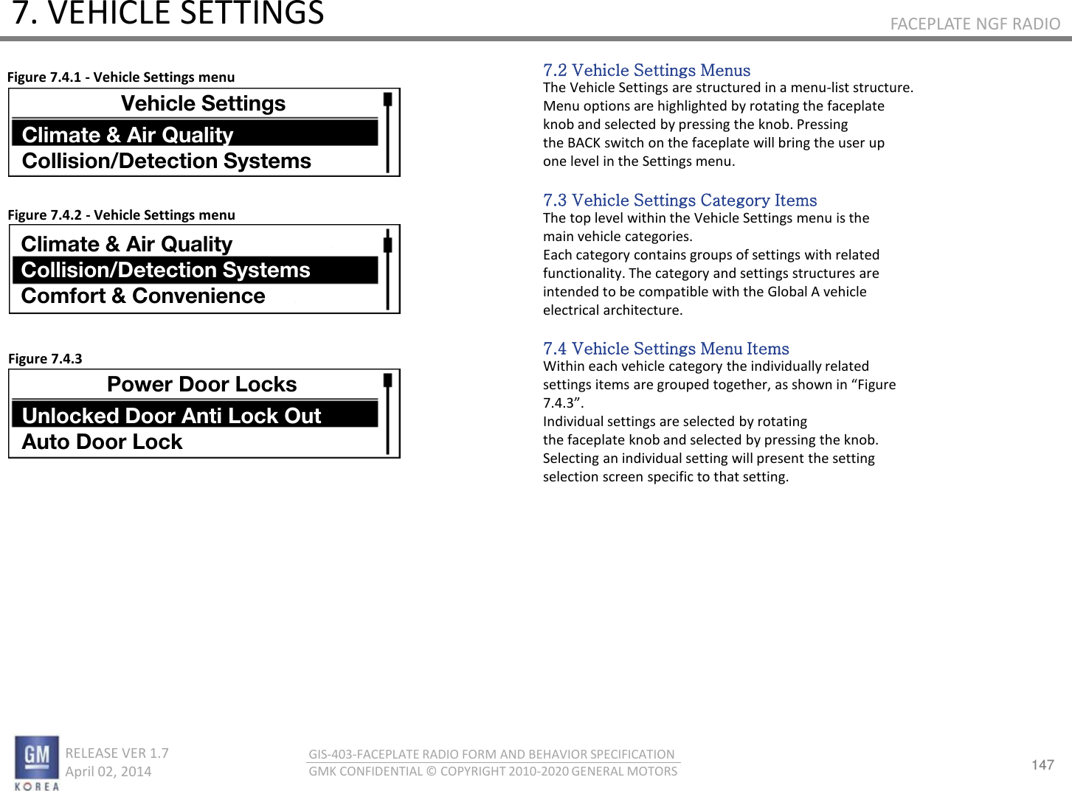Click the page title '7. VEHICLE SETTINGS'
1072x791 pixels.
168,14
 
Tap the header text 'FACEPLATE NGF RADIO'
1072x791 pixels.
975,24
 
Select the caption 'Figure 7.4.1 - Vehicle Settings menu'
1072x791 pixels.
121,77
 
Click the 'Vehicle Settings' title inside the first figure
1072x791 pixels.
203,103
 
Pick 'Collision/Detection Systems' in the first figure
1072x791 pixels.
167,161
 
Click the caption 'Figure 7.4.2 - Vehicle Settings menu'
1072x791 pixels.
121,215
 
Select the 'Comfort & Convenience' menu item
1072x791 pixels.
143,296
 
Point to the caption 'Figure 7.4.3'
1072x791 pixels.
45,359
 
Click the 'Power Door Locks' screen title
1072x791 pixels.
201,384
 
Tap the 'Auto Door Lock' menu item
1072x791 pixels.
103,442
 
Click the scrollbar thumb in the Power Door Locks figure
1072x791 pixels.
387,380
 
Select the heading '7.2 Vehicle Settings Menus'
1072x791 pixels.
646,70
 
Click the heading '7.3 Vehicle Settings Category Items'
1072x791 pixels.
679,201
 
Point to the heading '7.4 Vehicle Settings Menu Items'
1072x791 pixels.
665,349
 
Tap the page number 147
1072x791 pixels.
1042,764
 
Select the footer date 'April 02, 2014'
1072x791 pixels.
108,772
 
